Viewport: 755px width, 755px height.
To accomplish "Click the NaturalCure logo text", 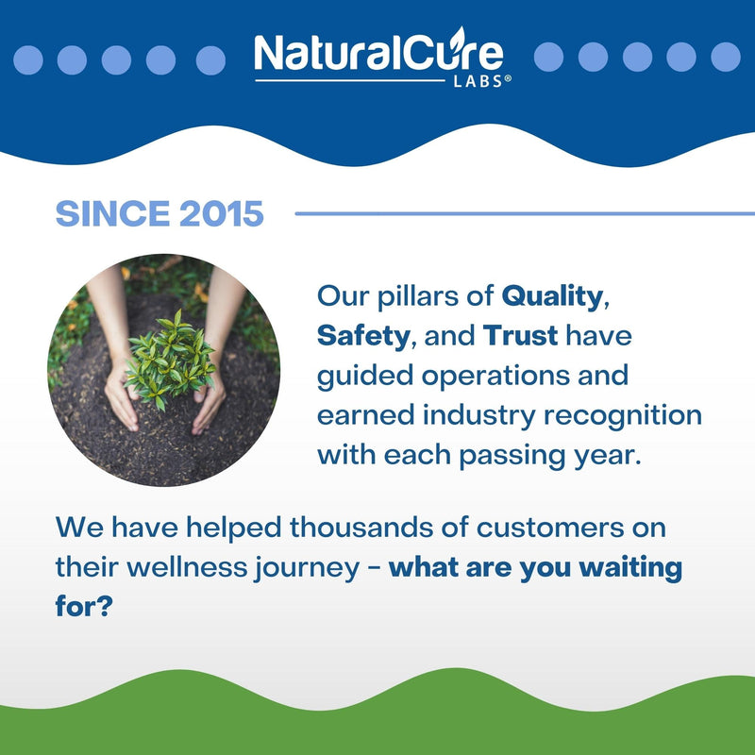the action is click(378, 52).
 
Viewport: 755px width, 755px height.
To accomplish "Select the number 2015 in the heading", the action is click(222, 213).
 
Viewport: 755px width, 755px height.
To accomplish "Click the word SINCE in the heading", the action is click(112, 213).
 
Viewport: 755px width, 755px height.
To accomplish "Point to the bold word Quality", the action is click(552, 297).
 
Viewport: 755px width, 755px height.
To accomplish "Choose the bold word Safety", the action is click(363, 336).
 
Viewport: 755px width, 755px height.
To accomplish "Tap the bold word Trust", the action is click(520, 335).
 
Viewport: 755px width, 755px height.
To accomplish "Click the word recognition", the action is click(623, 416).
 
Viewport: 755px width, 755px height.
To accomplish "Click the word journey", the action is click(308, 568).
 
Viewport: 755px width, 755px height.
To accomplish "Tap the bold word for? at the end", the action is click(84, 606).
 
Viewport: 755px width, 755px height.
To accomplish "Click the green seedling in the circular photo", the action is click(170, 360).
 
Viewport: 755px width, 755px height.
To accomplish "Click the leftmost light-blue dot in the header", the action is click(28, 60).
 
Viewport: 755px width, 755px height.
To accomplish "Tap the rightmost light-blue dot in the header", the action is click(726, 57).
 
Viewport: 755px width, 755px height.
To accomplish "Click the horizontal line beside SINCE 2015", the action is click(525, 213).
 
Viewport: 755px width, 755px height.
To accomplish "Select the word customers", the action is click(550, 528).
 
